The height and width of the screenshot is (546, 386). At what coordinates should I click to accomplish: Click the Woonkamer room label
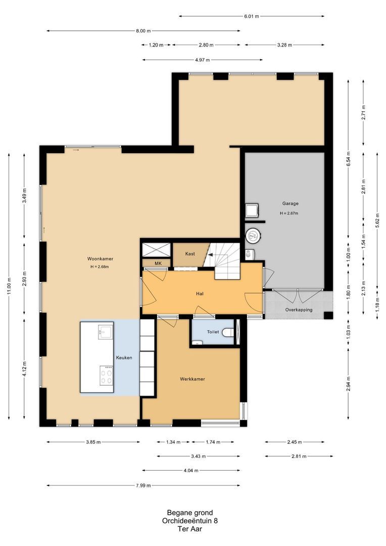coord(100,259)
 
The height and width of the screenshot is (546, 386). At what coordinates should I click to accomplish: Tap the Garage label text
coord(291,203)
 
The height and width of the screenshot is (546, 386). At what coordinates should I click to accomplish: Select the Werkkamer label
coord(192,379)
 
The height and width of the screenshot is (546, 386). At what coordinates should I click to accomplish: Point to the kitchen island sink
coord(105,331)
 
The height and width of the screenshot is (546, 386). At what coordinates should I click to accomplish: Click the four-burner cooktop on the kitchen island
coord(106,375)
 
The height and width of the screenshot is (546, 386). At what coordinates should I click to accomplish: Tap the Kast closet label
coord(190,254)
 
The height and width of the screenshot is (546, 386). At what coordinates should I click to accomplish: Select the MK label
coord(158,263)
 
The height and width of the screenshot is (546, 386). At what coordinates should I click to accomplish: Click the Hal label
coord(200,294)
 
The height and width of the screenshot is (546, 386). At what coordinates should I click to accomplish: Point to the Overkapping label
coord(299,309)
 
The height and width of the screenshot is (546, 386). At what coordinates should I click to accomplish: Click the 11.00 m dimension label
coord(9,286)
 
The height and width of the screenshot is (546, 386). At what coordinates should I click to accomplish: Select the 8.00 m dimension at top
coord(143,31)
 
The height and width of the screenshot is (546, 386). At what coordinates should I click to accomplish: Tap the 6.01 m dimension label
coord(251,16)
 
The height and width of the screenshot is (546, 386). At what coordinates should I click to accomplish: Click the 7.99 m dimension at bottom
coord(143,485)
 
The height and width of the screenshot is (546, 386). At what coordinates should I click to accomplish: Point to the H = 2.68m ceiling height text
coord(100,267)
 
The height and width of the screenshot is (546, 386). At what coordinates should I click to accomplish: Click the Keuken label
coord(124,357)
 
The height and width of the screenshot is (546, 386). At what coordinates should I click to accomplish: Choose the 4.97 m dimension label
coord(203,60)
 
